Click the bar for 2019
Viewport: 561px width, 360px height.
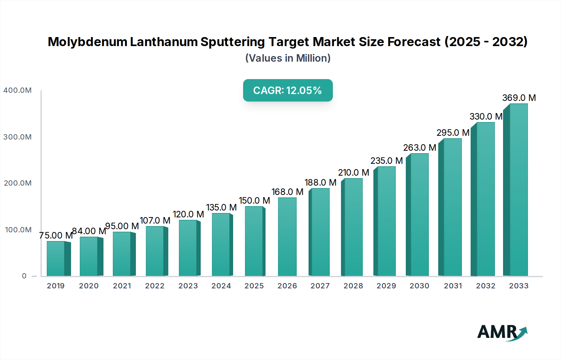tap(56, 258)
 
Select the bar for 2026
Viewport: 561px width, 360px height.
tap(287, 237)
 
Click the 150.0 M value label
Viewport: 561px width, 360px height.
tap(254, 201)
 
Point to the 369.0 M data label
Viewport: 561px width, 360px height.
tap(519, 98)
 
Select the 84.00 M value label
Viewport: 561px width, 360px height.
tap(89, 231)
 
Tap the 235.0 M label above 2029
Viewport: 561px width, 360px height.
tap(386, 161)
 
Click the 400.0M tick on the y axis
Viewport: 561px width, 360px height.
tap(17, 90)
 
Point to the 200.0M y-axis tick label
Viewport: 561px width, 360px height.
tap(18, 183)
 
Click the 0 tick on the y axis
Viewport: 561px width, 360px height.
tap(24, 276)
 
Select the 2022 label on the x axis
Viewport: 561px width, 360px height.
tap(155, 286)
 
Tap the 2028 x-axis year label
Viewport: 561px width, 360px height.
tap(353, 286)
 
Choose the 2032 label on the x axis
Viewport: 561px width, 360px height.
tap(486, 286)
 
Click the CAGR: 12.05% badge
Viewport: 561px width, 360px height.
tap(288, 90)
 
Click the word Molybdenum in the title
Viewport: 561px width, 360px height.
tap(87, 42)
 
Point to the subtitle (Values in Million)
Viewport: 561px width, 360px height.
tap(288, 58)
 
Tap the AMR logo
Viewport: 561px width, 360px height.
tap(502, 332)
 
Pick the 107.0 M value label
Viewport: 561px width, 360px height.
tap(155, 220)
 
